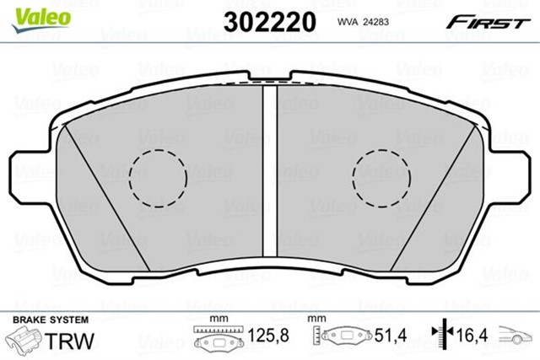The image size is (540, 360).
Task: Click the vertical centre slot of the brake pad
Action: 270,169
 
